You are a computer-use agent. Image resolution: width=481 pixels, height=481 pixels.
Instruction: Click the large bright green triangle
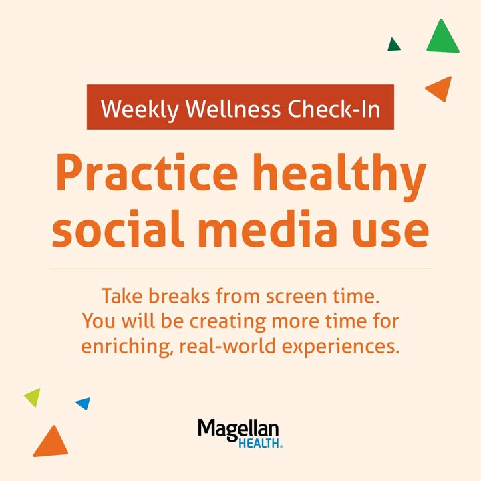tap(443, 39)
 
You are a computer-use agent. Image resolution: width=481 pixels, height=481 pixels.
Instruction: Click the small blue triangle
tap(84, 403)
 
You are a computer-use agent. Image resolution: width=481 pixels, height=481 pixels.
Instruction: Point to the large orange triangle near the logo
tap(51, 443)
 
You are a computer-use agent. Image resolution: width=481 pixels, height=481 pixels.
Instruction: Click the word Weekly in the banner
tap(140, 109)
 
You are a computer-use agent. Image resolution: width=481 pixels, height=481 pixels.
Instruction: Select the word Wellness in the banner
tap(233, 109)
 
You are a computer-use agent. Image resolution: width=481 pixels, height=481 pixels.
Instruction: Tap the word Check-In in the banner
tap(334, 109)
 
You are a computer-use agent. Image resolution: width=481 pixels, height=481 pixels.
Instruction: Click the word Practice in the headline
tap(146, 172)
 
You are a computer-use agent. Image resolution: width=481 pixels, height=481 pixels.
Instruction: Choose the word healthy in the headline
tap(339, 176)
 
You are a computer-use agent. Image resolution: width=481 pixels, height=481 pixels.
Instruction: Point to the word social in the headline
tap(118, 228)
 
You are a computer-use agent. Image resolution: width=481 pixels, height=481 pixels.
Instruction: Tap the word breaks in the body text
tap(179, 296)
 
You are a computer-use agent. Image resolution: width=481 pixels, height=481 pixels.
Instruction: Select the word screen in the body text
tap(297, 297)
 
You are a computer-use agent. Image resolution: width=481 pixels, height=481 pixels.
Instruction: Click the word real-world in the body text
tap(227, 346)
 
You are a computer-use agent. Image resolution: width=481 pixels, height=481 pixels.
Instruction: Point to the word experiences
tap(341, 347)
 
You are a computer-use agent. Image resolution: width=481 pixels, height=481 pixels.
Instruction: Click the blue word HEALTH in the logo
tap(259, 444)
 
